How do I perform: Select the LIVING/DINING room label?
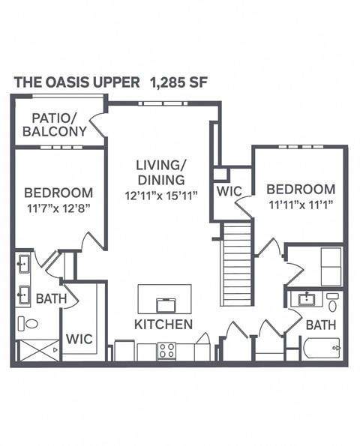(160, 172)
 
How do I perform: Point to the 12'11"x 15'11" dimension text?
(160, 196)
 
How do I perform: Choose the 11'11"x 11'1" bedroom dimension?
(300, 203)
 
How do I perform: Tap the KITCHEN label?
(163, 325)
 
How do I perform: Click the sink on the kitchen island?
(165, 304)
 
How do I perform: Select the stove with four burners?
(166, 350)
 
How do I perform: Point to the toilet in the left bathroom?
(28, 324)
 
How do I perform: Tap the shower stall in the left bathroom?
(37, 350)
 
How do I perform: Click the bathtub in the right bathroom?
(321, 349)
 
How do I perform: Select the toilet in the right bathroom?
(332, 302)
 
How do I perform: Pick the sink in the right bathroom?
(306, 300)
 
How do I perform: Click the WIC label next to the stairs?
(229, 192)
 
